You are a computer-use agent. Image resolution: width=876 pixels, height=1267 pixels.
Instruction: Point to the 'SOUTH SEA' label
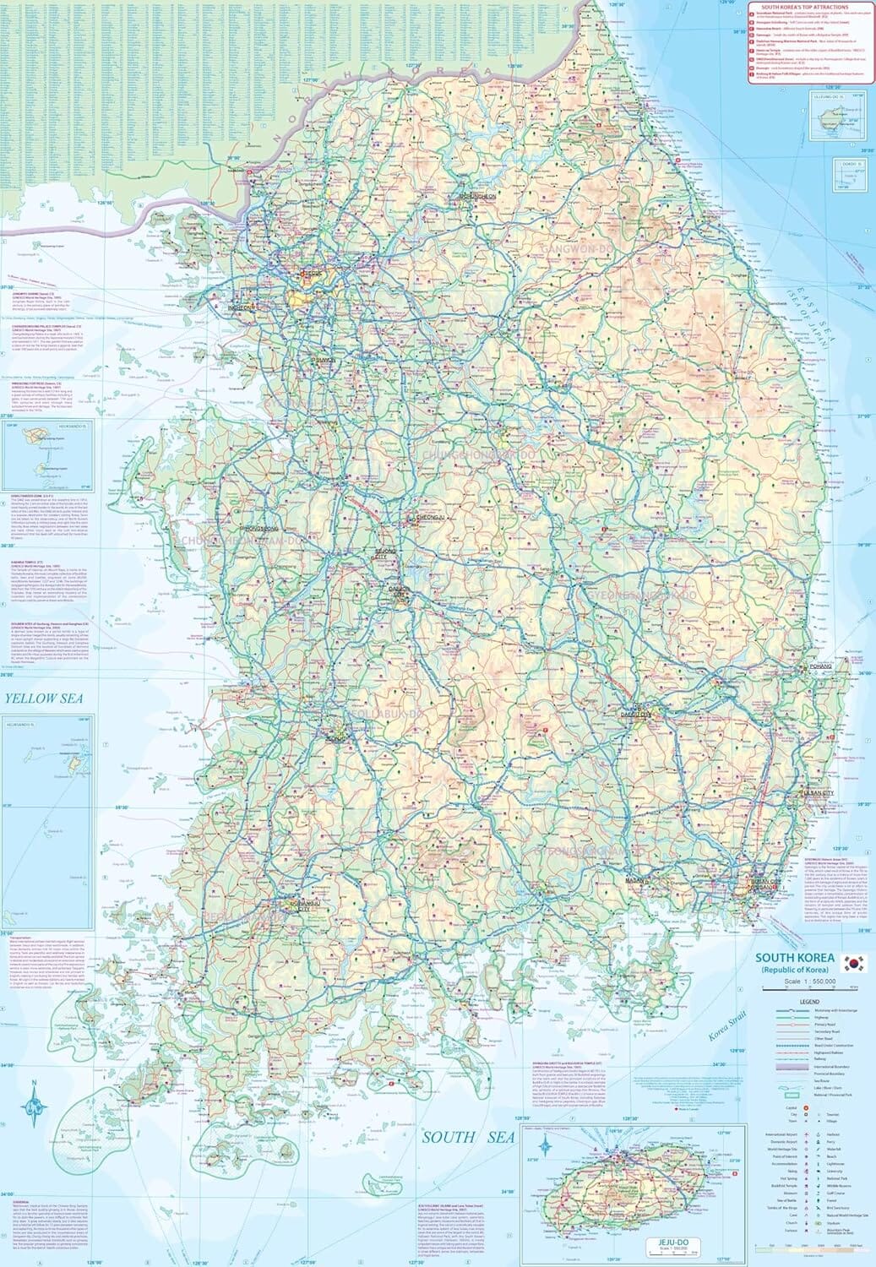(469, 1137)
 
